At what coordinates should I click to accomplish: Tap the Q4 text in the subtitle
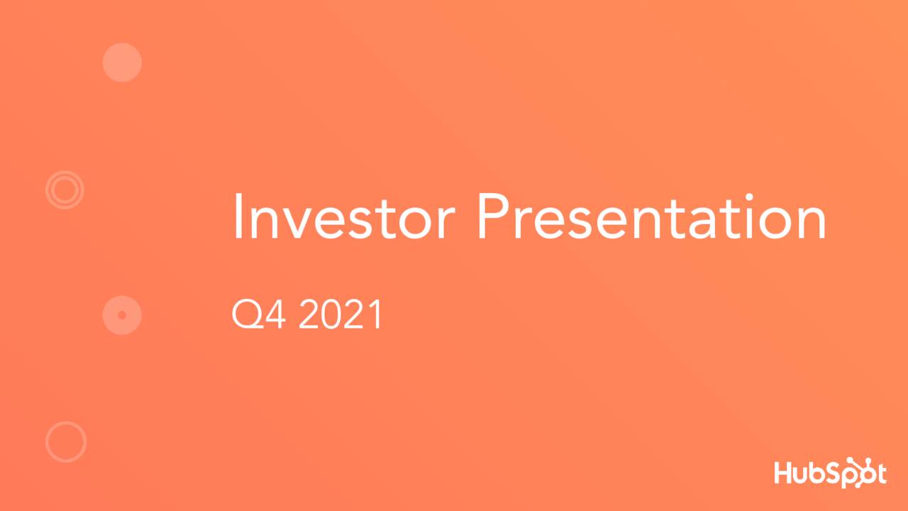(259, 315)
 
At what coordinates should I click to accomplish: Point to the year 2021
(340, 315)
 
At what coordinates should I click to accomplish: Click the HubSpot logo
(830, 473)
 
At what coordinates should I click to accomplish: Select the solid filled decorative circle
(122, 62)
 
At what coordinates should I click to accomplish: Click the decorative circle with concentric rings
(65, 189)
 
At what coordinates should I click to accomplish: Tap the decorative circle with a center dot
(122, 315)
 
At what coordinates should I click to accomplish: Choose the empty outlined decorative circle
(66, 441)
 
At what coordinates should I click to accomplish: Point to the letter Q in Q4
(246, 315)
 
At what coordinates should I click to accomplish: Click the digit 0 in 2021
(331, 315)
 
